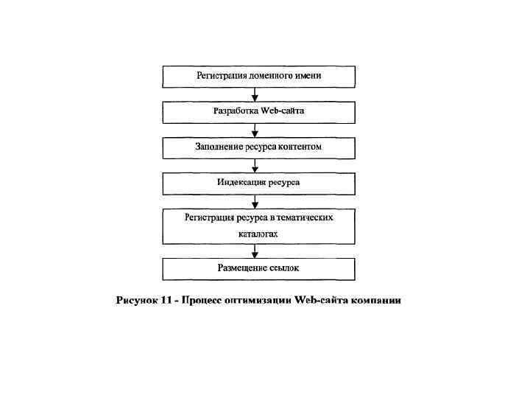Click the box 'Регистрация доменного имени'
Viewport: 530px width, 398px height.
point(258,77)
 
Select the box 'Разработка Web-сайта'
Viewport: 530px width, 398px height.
point(258,112)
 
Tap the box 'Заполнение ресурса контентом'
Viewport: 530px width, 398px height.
point(258,147)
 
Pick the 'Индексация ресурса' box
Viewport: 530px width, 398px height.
point(258,183)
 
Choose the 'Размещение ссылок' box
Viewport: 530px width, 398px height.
point(258,268)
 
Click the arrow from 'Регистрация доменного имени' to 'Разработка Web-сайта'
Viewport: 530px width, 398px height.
point(255,95)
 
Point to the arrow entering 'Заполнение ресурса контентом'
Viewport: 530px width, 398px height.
point(255,130)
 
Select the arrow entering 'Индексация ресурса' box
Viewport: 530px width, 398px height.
point(255,166)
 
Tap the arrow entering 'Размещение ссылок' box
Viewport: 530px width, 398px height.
point(255,251)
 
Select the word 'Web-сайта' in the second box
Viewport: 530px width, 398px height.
point(282,111)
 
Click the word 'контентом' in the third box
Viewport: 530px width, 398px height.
point(298,147)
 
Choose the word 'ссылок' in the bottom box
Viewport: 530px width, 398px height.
point(284,268)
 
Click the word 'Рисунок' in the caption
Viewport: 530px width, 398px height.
point(137,301)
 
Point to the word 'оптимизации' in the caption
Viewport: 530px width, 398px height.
point(257,301)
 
